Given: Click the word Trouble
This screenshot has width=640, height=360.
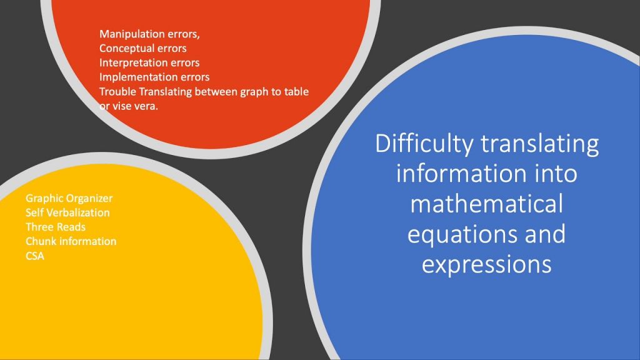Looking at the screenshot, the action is point(117,91).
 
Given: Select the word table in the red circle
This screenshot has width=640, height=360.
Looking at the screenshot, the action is point(296,91).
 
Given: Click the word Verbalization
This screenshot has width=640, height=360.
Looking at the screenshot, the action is point(78,212).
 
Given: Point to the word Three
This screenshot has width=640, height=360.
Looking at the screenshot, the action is point(37,227).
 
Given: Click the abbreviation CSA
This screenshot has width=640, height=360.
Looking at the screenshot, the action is point(35,256).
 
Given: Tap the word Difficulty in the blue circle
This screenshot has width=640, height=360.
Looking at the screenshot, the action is point(424,144).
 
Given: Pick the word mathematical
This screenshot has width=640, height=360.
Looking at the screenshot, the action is point(486,204).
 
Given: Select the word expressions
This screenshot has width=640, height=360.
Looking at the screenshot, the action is point(486,265).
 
